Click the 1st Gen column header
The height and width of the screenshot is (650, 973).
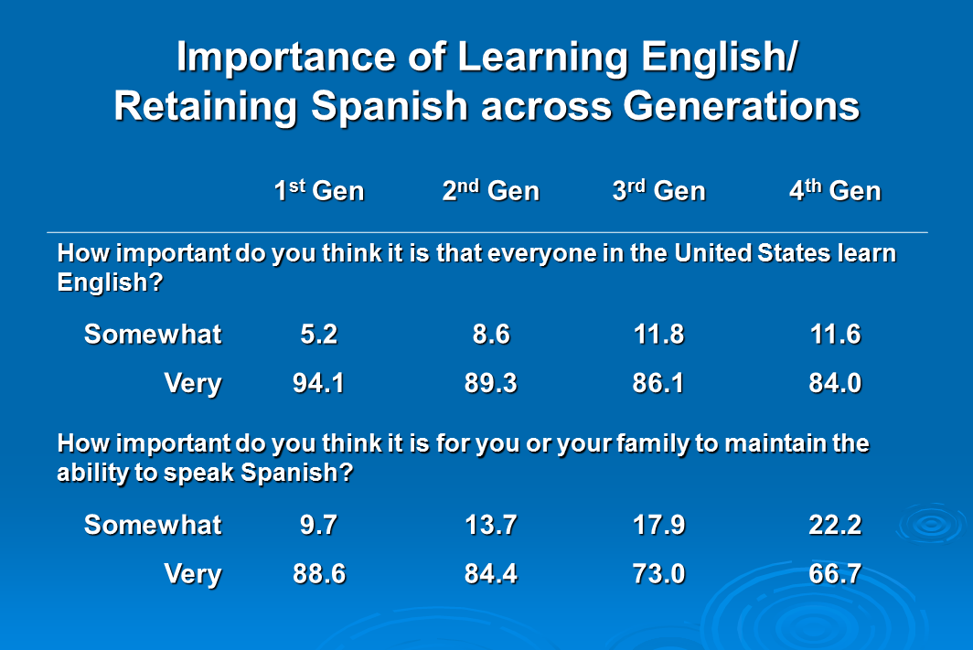(x=319, y=190)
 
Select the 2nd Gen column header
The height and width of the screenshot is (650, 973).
(x=491, y=190)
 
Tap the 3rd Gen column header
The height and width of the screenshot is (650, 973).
(x=659, y=190)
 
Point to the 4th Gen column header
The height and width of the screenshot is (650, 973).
(x=835, y=190)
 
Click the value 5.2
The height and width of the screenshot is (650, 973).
(x=319, y=335)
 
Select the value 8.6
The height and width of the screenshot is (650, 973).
(x=491, y=335)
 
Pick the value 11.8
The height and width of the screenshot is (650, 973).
(x=659, y=335)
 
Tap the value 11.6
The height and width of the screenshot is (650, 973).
(x=836, y=335)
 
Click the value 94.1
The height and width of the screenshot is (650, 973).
(x=319, y=383)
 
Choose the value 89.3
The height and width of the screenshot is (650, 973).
(x=491, y=383)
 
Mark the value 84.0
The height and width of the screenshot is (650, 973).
(x=835, y=383)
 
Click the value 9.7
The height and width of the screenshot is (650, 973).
(x=319, y=525)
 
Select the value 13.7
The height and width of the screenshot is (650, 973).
(x=491, y=525)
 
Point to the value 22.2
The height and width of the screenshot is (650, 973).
(x=835, y=525)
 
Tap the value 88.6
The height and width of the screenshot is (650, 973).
(x=319, y=574)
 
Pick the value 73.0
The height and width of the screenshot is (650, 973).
(x=659, y=574)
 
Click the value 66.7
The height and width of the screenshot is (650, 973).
(x=835, y=574)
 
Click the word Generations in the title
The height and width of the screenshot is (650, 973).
(x=742, y=105)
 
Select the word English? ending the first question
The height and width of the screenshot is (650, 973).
(x=110, y=282)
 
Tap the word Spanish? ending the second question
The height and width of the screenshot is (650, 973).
(x=296, y=473)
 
